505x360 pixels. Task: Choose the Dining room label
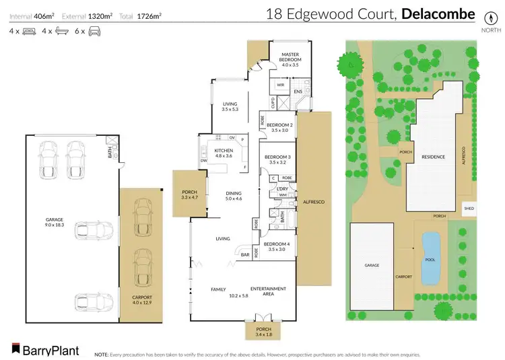click(x=234, y=195)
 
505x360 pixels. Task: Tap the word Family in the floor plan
click(x=217, y=289)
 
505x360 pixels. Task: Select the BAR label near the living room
click(x=245, y=255)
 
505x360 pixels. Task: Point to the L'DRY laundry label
click(x=282, y=189)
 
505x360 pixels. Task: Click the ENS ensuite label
click(x=298, y=91)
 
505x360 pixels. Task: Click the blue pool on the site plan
click(x=430, y=258)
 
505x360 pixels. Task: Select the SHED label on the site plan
click(x=469, y=209)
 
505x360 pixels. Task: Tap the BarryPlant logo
click(x=44, y=350)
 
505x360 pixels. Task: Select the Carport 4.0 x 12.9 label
click(x=142, y=300)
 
